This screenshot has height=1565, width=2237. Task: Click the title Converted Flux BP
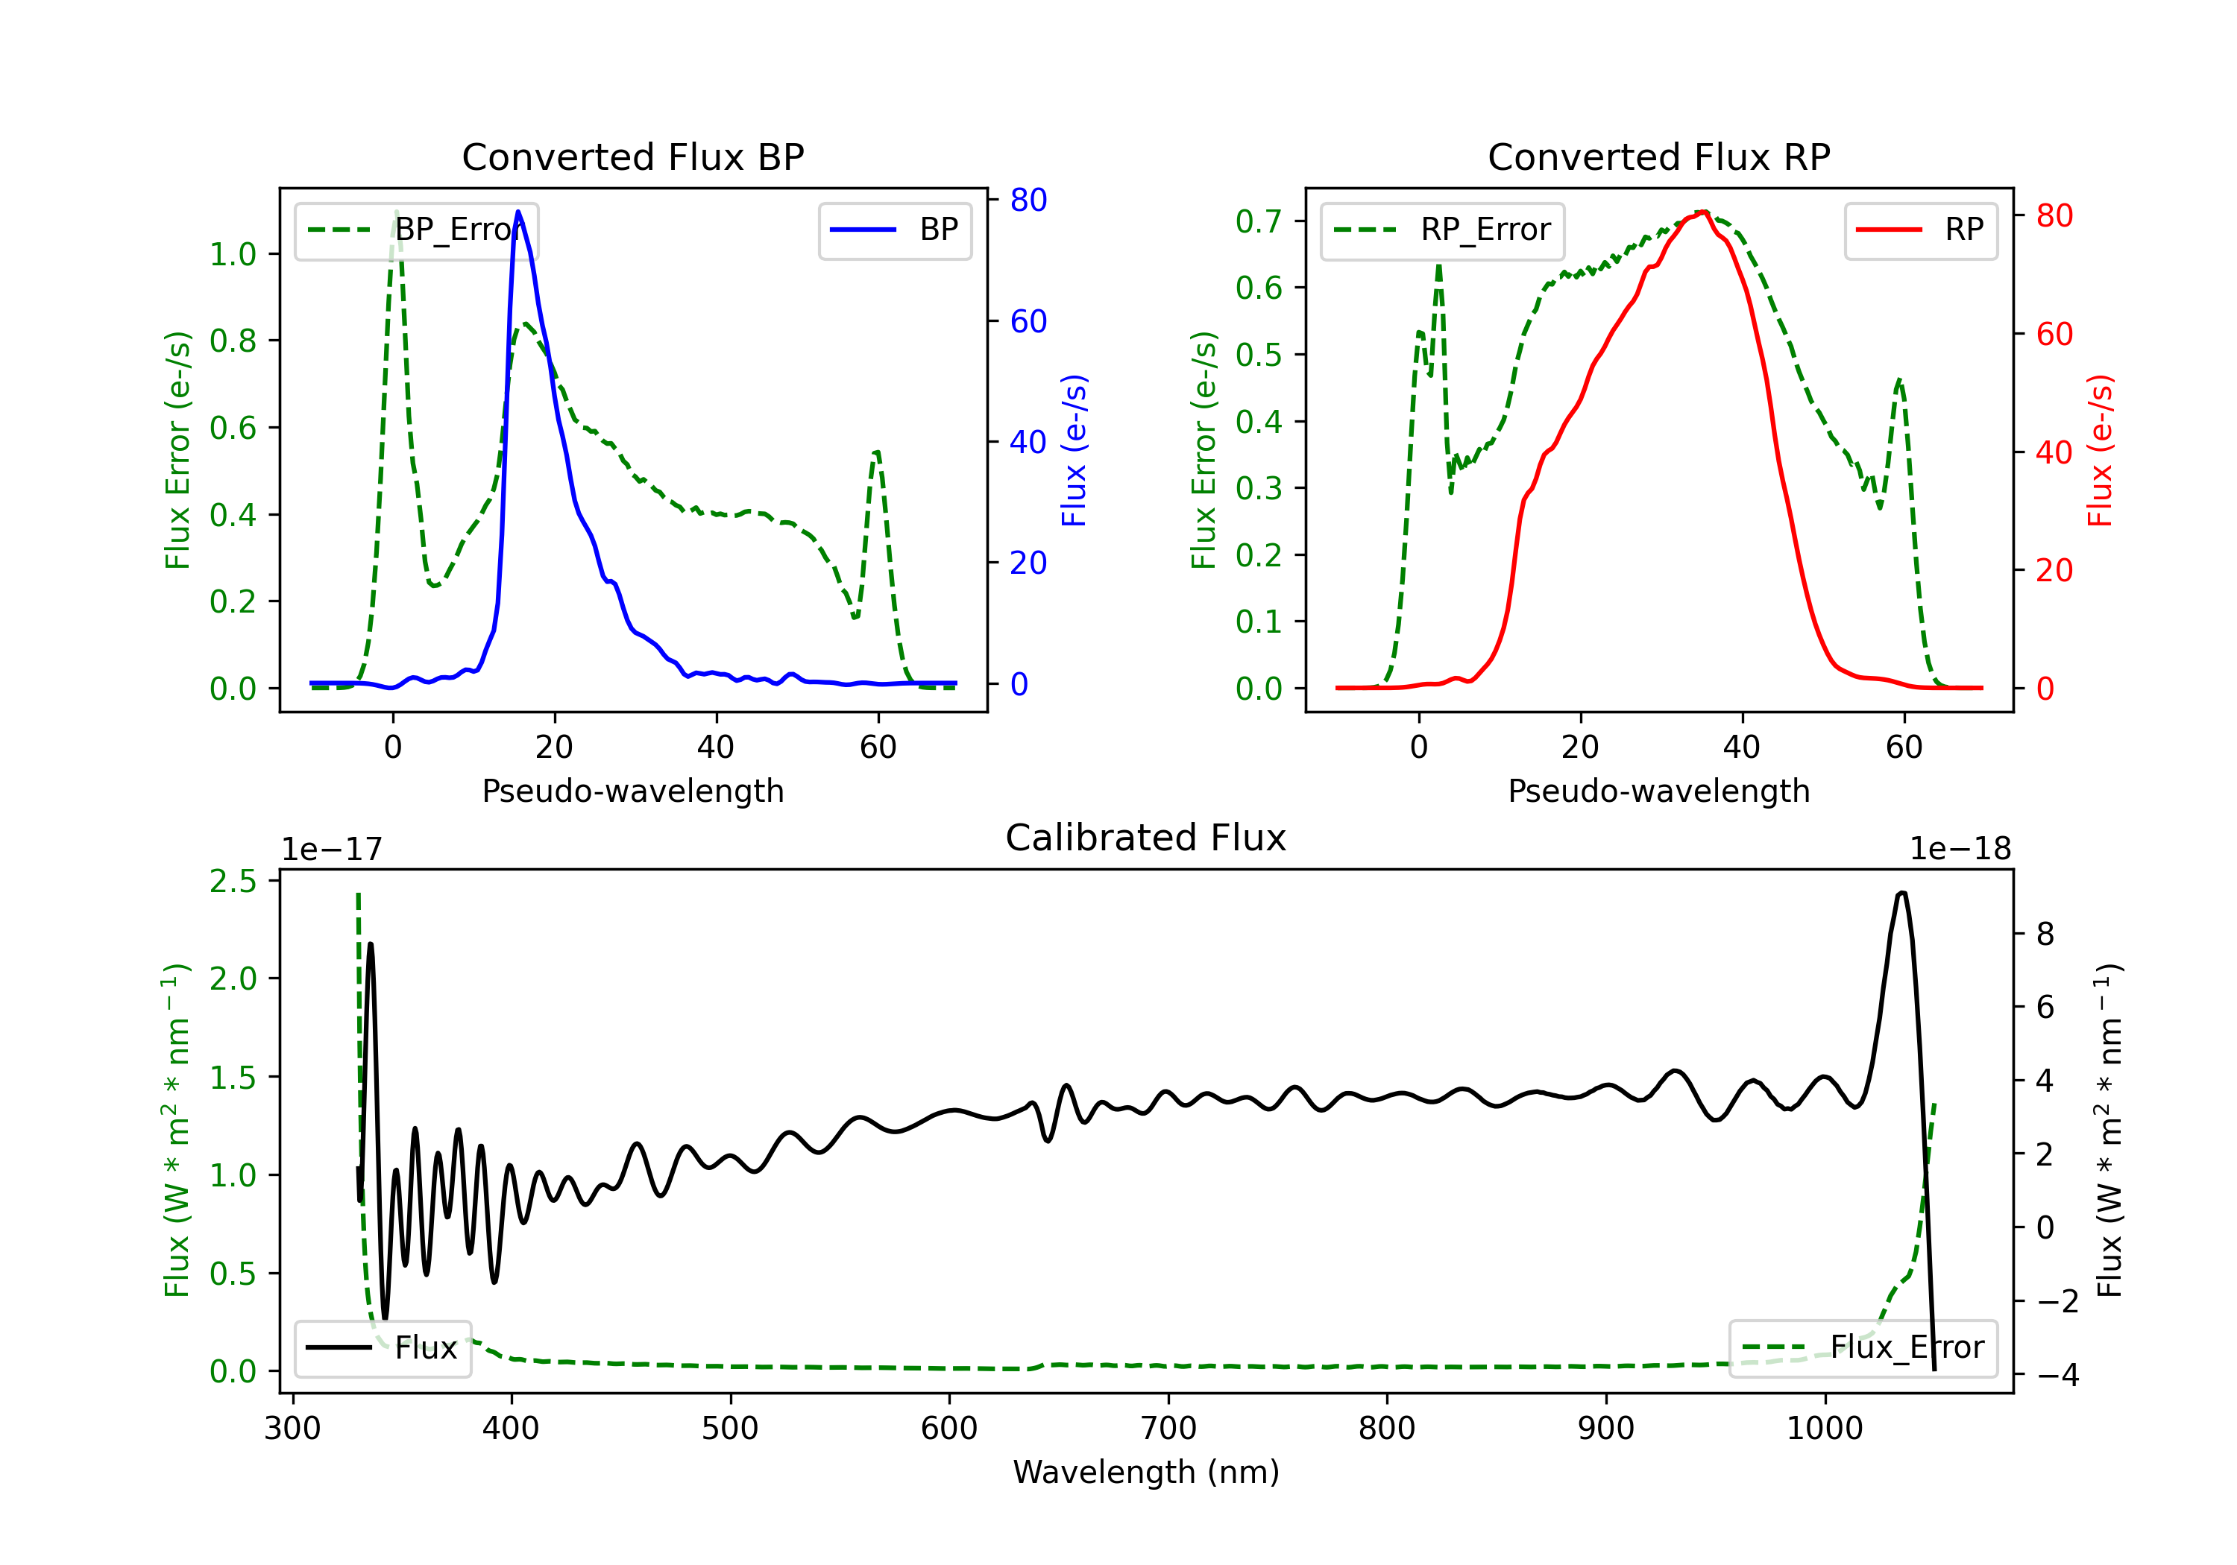(632, 156)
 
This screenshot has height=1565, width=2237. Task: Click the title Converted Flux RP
(1658, 156)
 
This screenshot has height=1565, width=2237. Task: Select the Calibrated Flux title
(1146, 838)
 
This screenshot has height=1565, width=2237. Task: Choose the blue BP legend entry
(894, 230)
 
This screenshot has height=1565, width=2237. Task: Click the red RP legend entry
(1920, 230)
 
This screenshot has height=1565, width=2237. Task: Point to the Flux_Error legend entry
(1863, 1348)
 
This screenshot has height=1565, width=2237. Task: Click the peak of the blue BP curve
(518, 212)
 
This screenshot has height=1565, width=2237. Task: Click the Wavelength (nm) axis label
(1146, 1472)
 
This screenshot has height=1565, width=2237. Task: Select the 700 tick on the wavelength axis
(1168, 1429)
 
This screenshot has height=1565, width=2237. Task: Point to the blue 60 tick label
(1028, 321)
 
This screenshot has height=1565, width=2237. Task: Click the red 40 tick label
(2054, 453)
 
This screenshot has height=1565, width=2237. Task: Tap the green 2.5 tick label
(233, 882)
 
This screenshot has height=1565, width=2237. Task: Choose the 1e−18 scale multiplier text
(1960, 850)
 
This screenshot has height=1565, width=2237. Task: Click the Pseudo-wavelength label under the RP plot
(1658, 791)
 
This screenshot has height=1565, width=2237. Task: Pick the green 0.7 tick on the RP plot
(1259, 221)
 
